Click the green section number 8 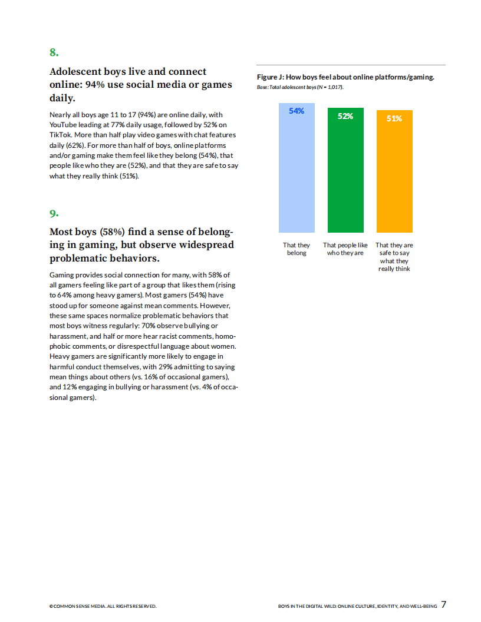[x=54, y=52]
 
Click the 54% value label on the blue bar [x=296, y=111]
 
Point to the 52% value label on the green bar [x=345, y=116]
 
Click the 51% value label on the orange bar [x=394, y=118]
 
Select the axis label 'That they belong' [x=296, y=249]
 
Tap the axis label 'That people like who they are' [x=345, y=249]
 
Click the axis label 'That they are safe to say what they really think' [x=394, y=257]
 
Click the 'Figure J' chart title [x=345, y=77]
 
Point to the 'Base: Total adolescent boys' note [x=300, y=87]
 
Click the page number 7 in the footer [x=443, y=604]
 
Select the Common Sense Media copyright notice [x=103, y=606]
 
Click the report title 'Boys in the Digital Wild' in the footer [x=357, y=606]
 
